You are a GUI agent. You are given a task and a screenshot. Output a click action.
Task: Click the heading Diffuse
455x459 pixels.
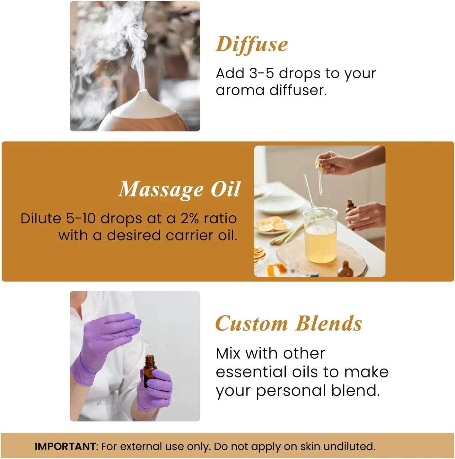(251, 44)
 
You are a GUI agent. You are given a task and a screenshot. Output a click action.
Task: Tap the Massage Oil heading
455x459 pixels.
(179, 189)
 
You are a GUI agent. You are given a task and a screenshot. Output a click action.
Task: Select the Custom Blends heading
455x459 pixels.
(288, 323)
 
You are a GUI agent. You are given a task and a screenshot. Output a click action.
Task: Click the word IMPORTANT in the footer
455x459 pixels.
(65, 446)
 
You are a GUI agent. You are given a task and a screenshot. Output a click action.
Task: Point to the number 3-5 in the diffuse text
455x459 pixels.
(261, 74)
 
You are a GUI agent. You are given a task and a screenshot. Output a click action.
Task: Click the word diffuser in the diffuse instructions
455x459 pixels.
(298, 90)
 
